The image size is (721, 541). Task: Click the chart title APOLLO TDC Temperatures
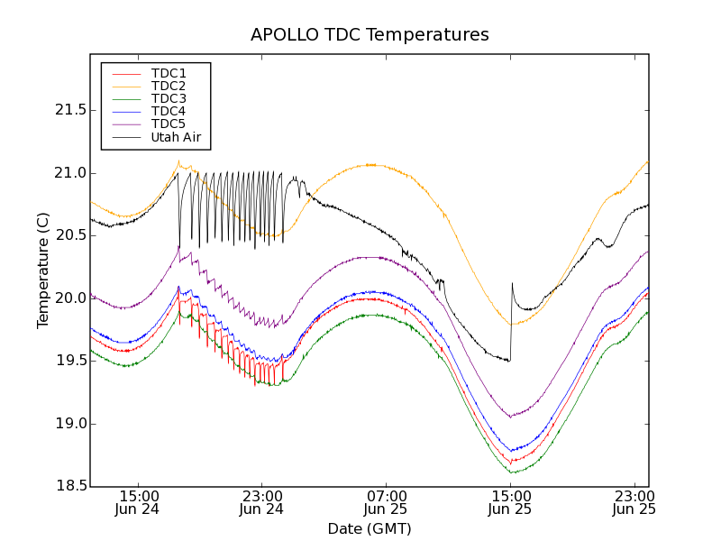tap(370, 35)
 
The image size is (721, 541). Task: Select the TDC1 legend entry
tap(169, 73)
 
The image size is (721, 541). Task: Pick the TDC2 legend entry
tap(169, 86)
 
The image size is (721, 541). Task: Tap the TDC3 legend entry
tap(169, 98)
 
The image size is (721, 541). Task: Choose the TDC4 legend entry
tap(169, 112)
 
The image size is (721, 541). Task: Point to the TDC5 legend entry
tap(169, 124)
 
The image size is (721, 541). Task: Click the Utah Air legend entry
tap(176, 138)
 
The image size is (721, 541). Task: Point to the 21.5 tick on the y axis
tap(70, 110)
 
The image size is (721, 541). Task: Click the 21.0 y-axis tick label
tap(70, 173)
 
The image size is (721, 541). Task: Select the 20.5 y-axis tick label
tap(70, 235)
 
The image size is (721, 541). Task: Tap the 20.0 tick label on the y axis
tap(70, 298)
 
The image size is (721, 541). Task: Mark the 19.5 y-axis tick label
tap(70, 361)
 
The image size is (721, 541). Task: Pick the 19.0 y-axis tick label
tap(70, 424)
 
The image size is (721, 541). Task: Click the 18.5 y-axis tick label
tap(70, 486)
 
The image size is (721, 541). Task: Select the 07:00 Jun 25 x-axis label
tap(387, 502)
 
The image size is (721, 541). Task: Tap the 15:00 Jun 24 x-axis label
tap(138, 502)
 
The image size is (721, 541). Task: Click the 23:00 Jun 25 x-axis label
tap(634, 502)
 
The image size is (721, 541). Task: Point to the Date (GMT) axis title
tap(370, 528)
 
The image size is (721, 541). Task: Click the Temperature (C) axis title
tap(43, 270)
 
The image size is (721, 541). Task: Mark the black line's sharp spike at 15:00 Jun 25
tap(512, 284)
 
